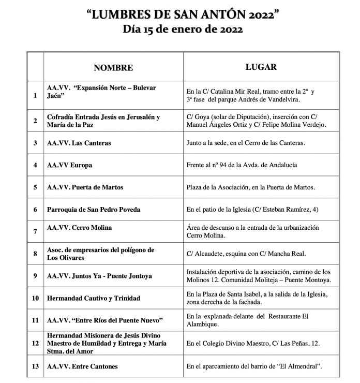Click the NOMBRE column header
pos(113,68)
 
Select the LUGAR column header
pos(261,67)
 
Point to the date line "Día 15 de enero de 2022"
pos(183,30)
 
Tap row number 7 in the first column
pos(35,231)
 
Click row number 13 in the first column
pos(35,366)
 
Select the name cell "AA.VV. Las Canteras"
pos(79,143)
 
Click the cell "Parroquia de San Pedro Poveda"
pos(94,210)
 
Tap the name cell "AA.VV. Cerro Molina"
pos(79,228)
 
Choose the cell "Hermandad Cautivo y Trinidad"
pos(93,298)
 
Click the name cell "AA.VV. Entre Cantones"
pos(82,366)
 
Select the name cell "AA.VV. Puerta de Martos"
pos(85,187)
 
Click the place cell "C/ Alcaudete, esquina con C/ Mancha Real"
pos(246,254)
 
